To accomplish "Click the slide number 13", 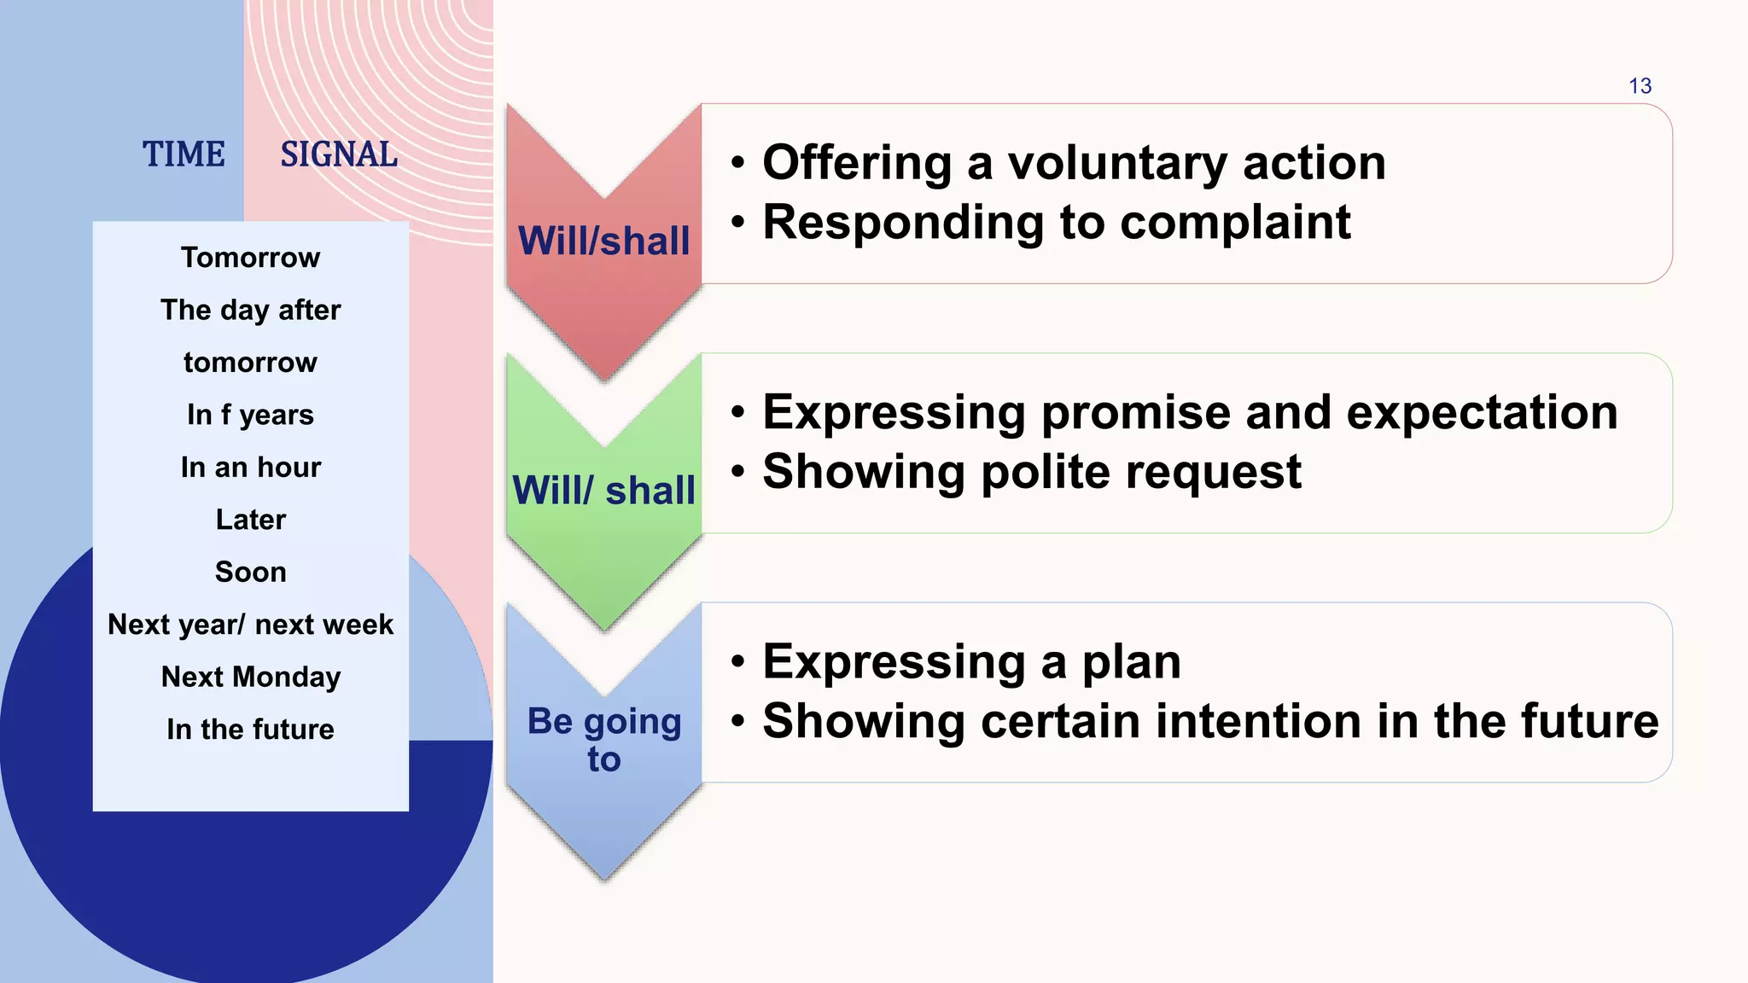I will [1640, 86].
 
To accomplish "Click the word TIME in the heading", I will [184, 154].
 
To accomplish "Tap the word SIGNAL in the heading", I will [339, 154].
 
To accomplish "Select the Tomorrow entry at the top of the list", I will [250, 258].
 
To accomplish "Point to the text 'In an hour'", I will [250, 468].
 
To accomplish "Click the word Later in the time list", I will [250, 520].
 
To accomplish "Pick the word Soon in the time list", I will [250, 572].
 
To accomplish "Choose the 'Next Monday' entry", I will [250, 677].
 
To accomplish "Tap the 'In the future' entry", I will [250, 730].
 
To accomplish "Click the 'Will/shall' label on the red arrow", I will [603, 241].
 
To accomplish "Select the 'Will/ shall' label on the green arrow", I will [603, 491].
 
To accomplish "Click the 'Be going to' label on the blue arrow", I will [603, 739].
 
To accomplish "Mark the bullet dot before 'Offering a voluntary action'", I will [738, 163].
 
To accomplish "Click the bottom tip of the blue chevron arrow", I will [604, 877].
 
